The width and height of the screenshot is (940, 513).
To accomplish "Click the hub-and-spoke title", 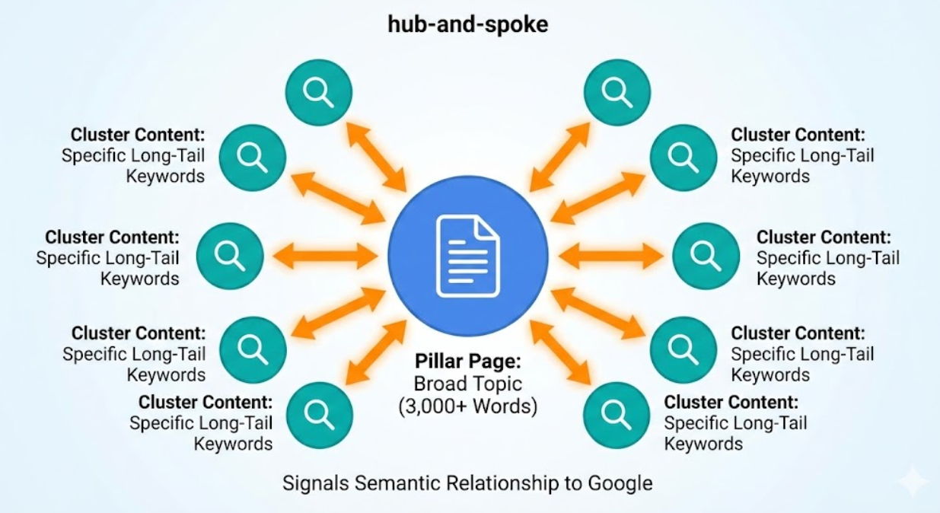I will point(468,24).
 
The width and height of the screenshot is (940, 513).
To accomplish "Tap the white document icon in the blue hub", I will point(467,255).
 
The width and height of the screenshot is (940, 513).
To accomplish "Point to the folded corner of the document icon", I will point(487,226).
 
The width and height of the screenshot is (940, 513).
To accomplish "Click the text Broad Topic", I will point(467,384).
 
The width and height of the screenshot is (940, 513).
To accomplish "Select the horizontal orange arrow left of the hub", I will point(326,256).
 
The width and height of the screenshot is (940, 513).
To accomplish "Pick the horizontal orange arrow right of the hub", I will point(610,256).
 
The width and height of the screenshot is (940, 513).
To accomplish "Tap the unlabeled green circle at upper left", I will point(318,92).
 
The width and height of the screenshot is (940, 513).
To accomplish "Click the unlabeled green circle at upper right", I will point(617,92).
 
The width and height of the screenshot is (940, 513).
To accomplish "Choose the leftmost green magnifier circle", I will point(230,256).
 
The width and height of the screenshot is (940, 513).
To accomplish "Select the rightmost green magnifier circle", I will point(706,256).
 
